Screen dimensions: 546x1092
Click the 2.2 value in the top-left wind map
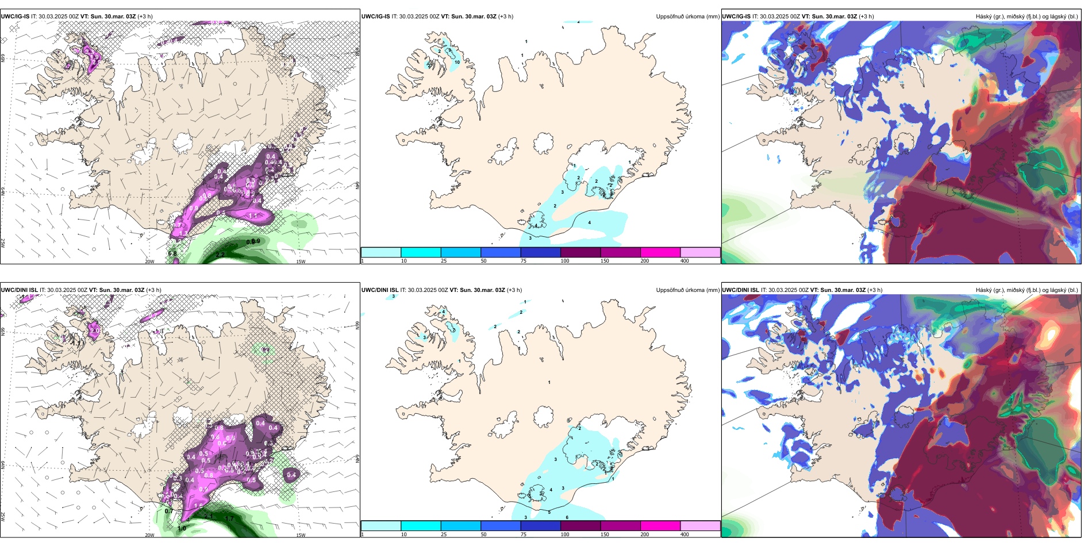tap(220, 255)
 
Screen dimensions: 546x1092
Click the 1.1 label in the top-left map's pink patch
tap(253, 216)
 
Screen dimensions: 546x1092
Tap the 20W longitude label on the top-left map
tap(149, 262)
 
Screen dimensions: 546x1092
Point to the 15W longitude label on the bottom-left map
tap(301, 535)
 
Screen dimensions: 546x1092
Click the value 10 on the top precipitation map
tap(457, 62)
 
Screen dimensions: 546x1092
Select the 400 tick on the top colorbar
tap(685, 261)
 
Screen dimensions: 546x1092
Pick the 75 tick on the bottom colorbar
tap(524, 535)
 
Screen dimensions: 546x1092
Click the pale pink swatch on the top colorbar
tap(700, 252)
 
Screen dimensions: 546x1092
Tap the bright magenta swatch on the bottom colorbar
tap(660, 526)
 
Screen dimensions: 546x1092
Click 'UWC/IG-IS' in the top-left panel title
tap(15, 17)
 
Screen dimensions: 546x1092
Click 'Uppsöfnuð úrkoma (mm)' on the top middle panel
tap(687, 17)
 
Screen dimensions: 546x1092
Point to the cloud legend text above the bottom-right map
tap(1026, 290)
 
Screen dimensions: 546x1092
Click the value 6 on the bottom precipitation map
tap(567, 517)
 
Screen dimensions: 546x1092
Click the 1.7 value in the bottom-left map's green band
tap(229, 519)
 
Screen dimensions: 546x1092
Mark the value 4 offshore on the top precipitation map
tap(589, 222)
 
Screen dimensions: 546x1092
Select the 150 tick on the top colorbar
tap(605, 261)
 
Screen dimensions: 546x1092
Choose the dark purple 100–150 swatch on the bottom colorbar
tap(580, 526)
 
